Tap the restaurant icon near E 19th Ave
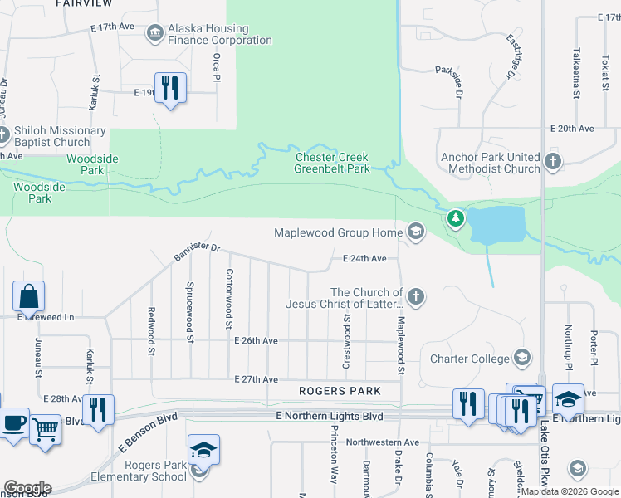(170, 87)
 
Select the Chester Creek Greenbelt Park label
(332, 163)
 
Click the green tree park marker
(454, 219)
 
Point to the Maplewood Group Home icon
(416, 233)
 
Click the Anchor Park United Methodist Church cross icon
(553, 159)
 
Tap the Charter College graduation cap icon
(522, 359)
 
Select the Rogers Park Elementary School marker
(203, 451)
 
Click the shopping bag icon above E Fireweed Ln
(28, 296)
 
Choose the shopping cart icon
(46, 429)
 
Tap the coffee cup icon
(13, 422)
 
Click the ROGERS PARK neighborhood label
(340, 391)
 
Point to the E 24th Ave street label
(365, 259)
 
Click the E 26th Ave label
(256, 341)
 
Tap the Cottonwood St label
(229, 299)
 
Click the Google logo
(27, 487)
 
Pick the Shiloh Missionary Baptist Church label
(60, 137)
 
